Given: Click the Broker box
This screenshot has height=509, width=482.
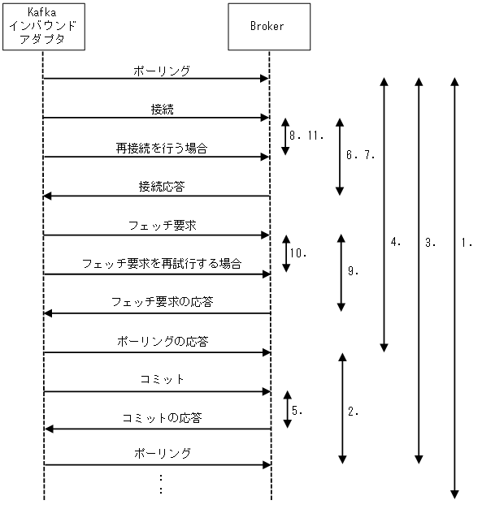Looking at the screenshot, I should pos(268,25).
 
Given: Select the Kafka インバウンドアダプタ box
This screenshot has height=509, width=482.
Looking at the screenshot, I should pos(42,25).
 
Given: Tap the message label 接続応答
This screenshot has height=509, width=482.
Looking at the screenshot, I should pos(162,187).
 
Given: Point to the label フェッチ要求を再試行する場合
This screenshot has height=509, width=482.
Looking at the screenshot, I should pos(161,264).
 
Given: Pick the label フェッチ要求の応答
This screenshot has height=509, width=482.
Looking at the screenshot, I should pos(163,302).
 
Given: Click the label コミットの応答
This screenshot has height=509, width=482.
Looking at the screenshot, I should pos(162,419).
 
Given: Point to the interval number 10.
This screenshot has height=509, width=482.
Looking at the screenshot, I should pos(297,253).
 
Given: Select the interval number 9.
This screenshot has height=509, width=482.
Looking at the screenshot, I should pos(354,272).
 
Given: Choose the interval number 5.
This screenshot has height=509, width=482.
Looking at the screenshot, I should pos(297,411).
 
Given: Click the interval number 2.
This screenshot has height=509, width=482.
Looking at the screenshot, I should pos(354,411).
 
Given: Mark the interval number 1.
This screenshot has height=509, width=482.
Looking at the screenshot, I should pos(467,242).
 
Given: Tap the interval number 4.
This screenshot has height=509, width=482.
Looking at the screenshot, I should pos(397,242).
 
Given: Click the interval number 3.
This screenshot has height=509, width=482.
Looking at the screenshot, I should pos(431,242).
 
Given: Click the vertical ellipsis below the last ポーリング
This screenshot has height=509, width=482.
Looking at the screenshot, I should pos(162,484).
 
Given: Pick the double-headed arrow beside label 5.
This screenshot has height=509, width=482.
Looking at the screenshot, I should pos(285,410).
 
